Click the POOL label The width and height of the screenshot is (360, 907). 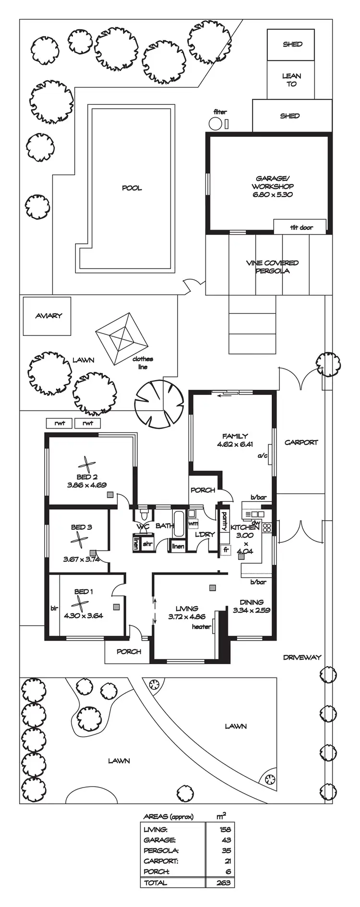click(x=132, y=188)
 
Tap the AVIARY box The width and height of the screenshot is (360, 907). click(x=48, y=316)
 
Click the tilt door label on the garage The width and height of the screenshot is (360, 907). click(x=301, y=227)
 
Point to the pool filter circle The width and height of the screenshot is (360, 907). click(x=216, y=124)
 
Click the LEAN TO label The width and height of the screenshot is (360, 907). click(x=291, y=80)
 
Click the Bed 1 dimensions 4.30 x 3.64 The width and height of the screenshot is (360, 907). click(x=83, y=616)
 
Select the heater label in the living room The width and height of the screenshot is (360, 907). click(x=201, y=626)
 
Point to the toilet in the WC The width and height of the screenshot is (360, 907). click(x=143, y=515)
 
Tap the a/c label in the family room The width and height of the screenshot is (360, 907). click(x=262, y=455)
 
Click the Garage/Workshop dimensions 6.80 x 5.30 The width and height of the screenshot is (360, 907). click(x=272, y=194)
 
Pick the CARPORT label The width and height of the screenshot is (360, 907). click(x=301, y=442)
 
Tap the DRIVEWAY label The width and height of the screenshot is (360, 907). click(x=301, y=657)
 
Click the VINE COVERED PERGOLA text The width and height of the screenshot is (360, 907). click(x=272, y=267)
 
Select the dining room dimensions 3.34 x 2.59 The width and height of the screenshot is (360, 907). click(x=251, y=610)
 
